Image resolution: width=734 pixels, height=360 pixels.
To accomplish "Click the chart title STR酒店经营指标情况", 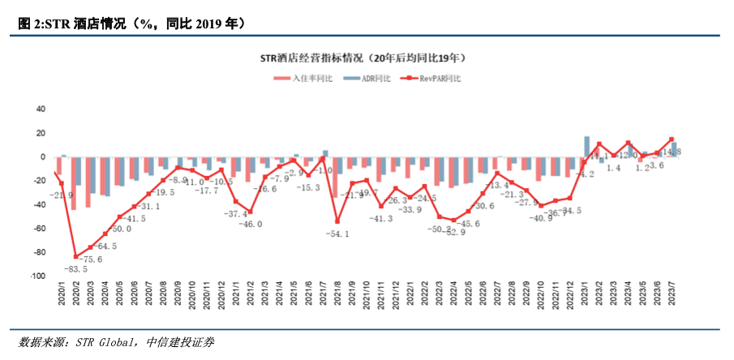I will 362,58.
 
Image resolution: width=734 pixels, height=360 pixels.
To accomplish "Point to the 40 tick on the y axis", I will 41,109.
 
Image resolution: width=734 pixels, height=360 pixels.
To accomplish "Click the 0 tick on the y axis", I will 43,157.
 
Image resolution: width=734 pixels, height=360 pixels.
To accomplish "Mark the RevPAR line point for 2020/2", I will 75,257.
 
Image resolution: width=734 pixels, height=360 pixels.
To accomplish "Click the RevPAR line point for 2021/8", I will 337,221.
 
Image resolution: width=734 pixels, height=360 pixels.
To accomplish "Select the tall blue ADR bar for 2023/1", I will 586,147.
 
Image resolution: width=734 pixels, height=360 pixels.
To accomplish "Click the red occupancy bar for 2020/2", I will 73,183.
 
